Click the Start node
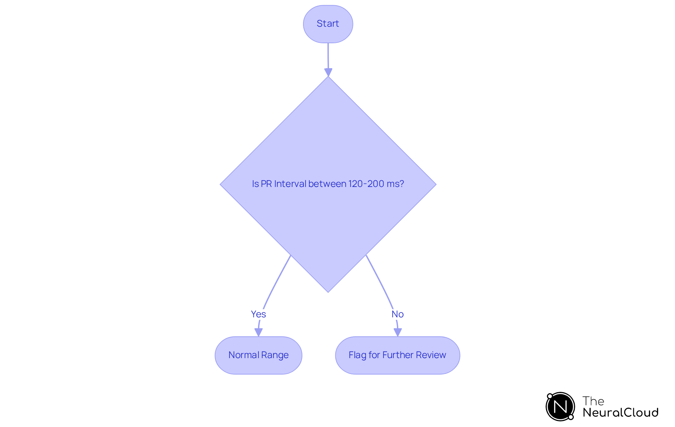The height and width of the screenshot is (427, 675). (x=328, y=24)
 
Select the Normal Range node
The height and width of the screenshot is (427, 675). (x=258, y=355)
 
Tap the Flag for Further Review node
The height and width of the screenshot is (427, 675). (x=397, y=355)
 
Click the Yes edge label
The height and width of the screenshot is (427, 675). (x=258, y=314)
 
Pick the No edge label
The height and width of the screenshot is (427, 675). (x=398, y=314)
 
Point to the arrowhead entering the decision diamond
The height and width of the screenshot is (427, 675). (x=328, y=72)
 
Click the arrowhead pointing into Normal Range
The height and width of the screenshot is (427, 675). (x=258, y=332)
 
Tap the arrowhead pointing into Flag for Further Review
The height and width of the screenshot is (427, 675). (x=398, y=332)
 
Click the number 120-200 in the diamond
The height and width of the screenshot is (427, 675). (x=366, y=184)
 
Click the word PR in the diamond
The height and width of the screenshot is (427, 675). (x=266, y=184)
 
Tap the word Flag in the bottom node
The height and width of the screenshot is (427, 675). (x=357, y=355)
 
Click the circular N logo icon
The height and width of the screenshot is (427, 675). (x=560, y=407)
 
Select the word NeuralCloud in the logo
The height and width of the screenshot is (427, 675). (x=621, y=413)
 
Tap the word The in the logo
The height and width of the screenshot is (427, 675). (x=593, y=401)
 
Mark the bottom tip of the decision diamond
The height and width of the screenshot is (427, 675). (x=328, y=291)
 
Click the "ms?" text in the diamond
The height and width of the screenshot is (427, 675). (x=395, y=184)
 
